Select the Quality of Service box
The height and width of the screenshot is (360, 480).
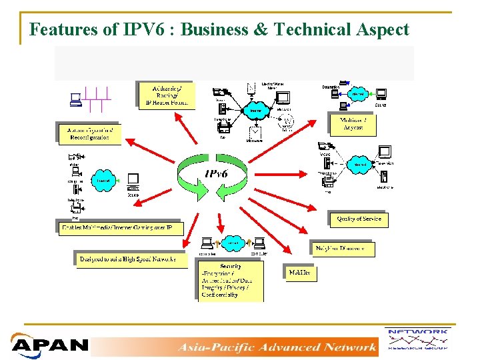(359, 219)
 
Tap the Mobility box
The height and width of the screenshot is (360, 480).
(299, 273)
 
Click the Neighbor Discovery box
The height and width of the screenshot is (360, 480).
(343, 249)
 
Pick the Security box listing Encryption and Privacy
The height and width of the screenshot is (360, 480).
(230, 280)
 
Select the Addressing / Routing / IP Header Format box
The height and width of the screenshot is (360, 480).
(167, 95)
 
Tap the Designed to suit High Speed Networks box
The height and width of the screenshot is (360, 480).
(128, 259)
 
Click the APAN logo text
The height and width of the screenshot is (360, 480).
(50, 345)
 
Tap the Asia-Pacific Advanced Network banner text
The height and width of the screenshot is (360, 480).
(277, 347)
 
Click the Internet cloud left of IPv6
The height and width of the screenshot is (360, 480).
(103, 179)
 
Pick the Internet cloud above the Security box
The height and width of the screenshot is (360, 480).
(233, 243)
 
